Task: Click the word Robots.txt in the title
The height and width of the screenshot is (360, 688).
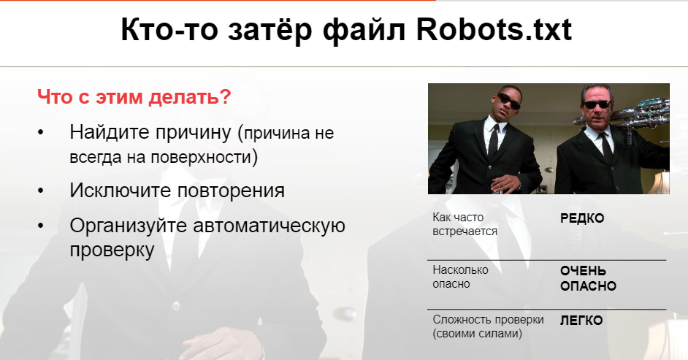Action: coord(494,29)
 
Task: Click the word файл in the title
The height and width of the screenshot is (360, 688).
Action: coord(364,31)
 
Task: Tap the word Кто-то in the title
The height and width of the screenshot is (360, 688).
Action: coord(169,30)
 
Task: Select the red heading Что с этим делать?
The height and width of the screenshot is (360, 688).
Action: coord(134,97)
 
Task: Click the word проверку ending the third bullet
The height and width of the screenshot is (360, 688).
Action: coord(112,250)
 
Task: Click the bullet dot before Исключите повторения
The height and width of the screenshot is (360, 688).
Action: coord(41,191)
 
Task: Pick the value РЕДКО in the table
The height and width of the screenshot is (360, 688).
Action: coord(582,218)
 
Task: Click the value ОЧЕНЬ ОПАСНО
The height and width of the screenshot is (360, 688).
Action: coord(588,278)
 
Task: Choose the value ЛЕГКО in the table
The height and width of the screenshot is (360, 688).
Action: coord(581,321)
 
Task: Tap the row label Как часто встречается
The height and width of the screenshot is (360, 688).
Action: coord(465,224)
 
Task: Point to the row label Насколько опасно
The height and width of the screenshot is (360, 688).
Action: coord(460,277)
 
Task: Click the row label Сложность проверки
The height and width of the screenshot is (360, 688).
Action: coord(488,319)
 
